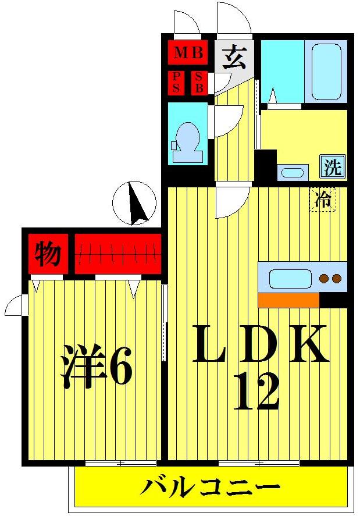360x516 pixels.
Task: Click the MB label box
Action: coord(188,54)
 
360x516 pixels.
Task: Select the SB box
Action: coord(199,83)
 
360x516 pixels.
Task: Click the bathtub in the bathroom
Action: coord(326,72)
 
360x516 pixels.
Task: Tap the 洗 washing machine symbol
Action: coord(333,167)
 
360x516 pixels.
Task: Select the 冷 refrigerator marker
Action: coord(322,200)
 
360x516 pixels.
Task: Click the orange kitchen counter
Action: coord(288,300)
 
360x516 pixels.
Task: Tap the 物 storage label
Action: coord(48,253)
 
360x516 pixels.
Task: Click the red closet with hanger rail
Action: coord(117,254)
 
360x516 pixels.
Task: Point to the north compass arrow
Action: coord(136,204)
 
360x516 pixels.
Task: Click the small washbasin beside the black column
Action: coord(291,172)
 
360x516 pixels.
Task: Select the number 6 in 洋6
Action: coord(120,366)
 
